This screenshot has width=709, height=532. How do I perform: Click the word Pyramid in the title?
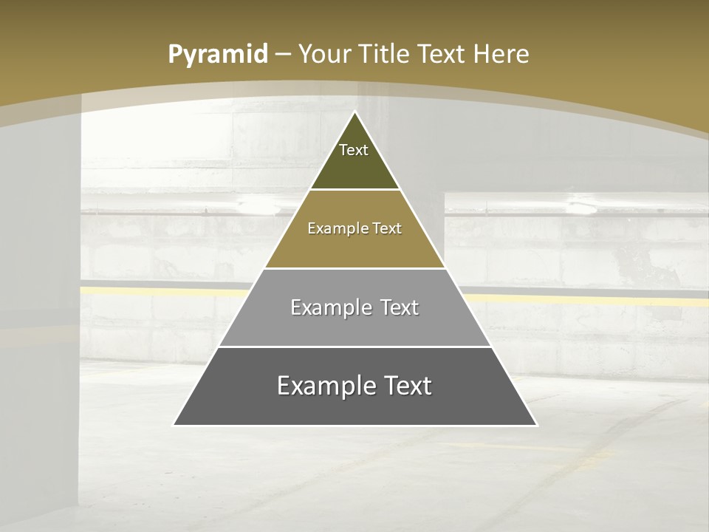pos(217,55)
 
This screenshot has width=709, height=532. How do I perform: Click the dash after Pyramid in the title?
pos(283,55)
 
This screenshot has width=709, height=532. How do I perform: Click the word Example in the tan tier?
pos(330,229)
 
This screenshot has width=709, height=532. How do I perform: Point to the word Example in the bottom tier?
pos(322,386)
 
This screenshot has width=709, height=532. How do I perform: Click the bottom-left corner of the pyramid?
pos(174,425)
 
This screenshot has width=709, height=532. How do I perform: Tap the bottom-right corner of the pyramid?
pos(536,425)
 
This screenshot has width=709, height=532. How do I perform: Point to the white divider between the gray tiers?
pos(354,347)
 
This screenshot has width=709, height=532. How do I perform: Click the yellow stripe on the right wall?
pos(591,300)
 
